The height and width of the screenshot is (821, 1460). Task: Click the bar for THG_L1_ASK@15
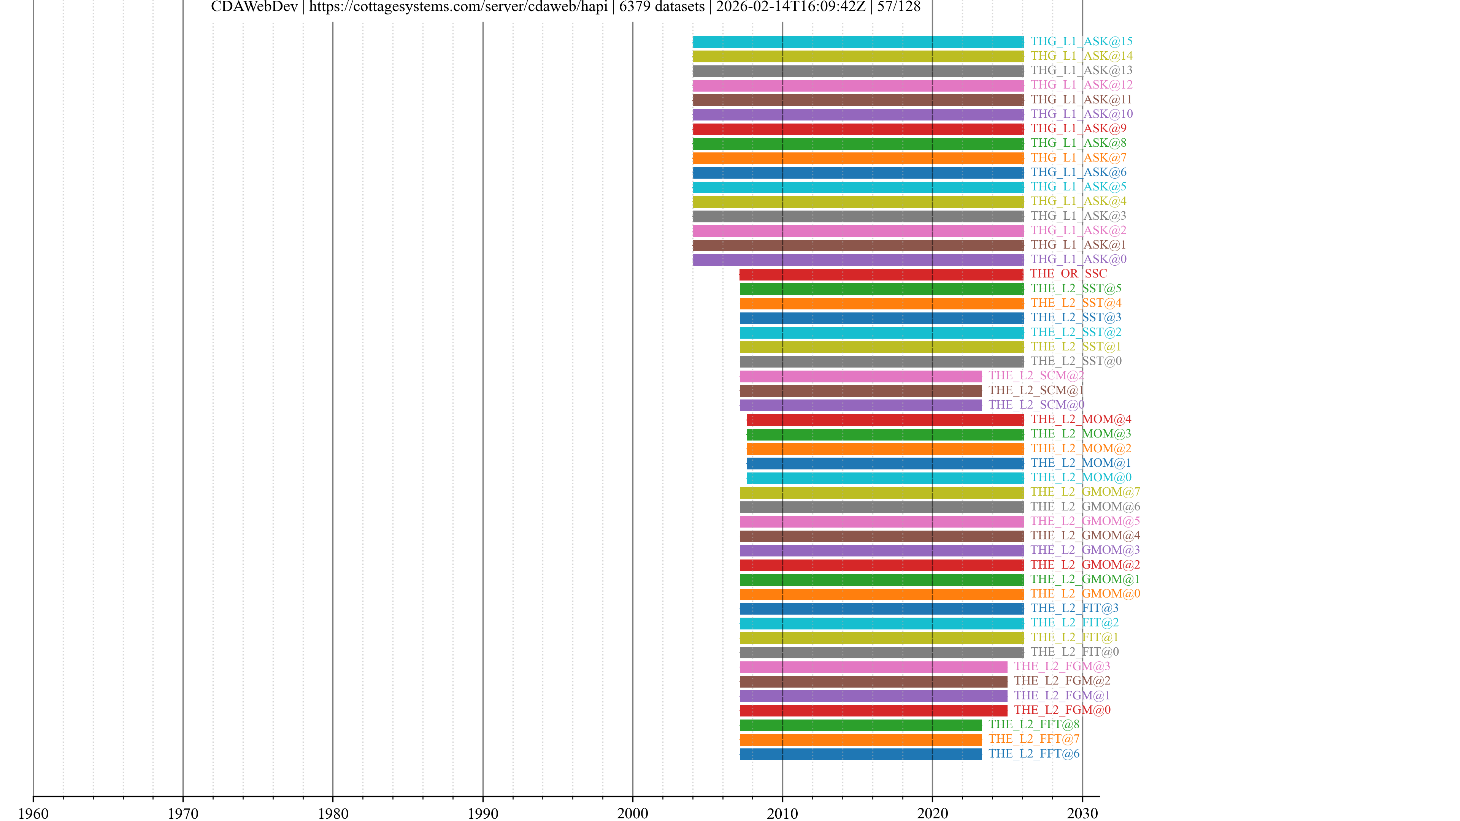pos(858,42)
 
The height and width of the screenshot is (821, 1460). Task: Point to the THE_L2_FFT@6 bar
pos(860,754)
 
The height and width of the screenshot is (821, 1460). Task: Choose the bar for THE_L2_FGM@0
pos(873,710)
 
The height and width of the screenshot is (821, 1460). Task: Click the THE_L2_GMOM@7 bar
pos(881,492)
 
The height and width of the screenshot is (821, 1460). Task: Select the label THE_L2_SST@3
pos(1076,318)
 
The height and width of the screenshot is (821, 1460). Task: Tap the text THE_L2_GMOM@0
pos(1085,594)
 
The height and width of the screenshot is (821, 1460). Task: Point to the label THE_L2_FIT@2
pos(1074,623)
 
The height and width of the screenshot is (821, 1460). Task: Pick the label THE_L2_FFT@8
pos(1034,725)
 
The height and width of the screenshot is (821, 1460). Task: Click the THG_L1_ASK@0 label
pos(1078,260)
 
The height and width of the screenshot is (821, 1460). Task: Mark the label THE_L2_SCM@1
pos(1036,390)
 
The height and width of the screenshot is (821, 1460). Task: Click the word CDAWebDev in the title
pos(254,7)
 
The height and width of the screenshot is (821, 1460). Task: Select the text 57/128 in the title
pos(898,7)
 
